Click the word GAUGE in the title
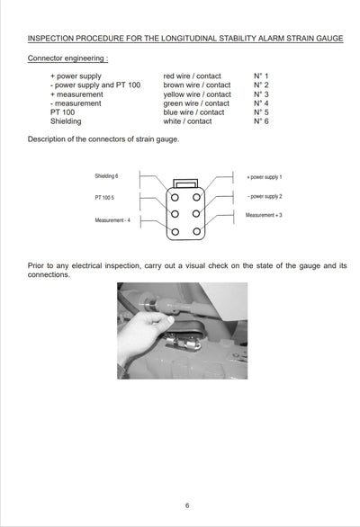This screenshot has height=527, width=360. (330, 39)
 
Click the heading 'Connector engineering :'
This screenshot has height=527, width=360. (68, 58)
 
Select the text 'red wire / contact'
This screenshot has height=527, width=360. (192, 76)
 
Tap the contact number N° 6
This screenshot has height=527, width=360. (261, 121)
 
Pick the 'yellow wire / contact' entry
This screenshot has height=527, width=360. (197, 94)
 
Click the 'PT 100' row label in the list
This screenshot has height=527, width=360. (63, 112)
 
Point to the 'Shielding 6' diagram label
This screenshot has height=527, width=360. (106, 175)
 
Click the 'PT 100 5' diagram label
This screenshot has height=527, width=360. (104, 197)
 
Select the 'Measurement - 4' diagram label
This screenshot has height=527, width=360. (112, 220)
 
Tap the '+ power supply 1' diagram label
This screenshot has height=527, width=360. (265, 177)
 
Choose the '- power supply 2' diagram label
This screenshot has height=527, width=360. (265, 196)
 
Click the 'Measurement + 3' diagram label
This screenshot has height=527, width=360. (264, 215)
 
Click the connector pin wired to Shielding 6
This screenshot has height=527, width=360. (175, 197)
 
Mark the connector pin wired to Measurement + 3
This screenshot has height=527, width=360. (197, 231)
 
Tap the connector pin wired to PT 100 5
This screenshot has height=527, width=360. (175, 214)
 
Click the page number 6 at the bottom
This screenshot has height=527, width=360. (187, 505)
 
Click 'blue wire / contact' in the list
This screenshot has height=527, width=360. (193, 112)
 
